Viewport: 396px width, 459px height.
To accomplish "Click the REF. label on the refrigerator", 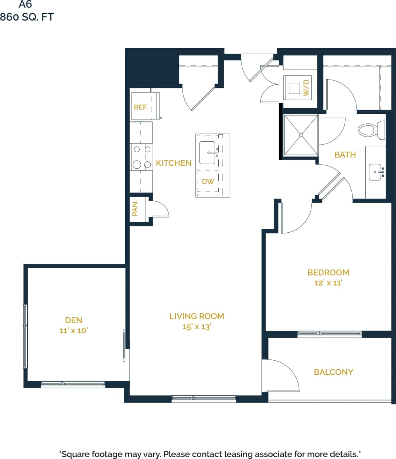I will [x=141, y=107].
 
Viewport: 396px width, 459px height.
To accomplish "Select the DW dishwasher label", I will [x=208, y=182].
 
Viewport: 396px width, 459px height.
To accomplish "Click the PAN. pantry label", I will [x=135, y=208].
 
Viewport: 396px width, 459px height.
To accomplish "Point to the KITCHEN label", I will [x=174, y=163].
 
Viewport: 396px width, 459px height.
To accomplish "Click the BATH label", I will [x=345, y=155].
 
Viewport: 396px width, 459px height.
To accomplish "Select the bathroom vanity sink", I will [x=375, y=172].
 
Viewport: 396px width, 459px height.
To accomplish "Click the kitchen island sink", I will [x=207, y=152].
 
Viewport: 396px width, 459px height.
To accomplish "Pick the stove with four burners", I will [x=142, y=157].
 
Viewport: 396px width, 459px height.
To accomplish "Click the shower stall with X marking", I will [x=301, y=135].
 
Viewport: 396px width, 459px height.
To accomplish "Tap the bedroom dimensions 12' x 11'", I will [x=328, y=283].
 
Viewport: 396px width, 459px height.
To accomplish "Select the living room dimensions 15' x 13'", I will [x=197, y=327].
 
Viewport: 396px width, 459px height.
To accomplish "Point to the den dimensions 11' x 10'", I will [x=74, y=331].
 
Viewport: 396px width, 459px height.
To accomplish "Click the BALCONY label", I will [x=333, y=372].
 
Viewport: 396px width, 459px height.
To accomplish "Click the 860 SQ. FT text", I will [x=27, y=17].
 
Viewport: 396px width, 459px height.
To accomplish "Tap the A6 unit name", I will [x=25, y=4].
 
